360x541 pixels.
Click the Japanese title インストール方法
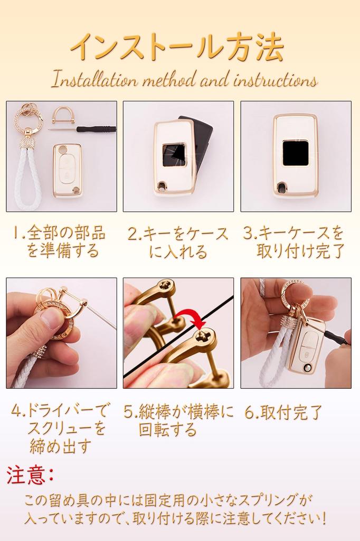point(177,49)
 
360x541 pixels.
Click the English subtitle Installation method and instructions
point(184,80)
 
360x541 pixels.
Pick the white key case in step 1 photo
point(68,170)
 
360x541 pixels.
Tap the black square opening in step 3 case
point(296,153)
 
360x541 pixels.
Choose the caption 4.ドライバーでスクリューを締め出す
point(61,427)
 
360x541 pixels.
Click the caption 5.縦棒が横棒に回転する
point(178,420)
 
